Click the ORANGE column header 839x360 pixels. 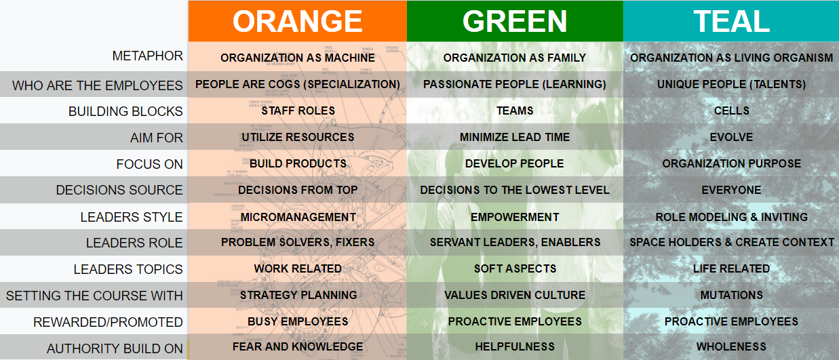coord(297,21)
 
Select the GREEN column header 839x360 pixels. coord(515,21)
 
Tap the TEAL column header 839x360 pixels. coord(731,21)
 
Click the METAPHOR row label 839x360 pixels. coord(148,56)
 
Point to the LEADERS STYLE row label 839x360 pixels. coord(132,217)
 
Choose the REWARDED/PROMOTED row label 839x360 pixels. coord(108,322)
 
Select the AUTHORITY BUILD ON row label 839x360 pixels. coord(115,348)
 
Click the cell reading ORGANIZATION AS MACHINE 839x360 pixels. coord(297,58)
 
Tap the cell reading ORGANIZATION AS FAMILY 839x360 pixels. coord(515,58)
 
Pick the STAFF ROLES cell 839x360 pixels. coord(298,111)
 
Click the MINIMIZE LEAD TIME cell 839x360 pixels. coord(515,137)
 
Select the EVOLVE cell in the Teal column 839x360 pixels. coord(731,137)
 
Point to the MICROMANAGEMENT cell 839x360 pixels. coord(298,217)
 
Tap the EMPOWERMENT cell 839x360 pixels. coord(515,217)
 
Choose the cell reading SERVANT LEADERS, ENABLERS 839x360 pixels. coord(515,243)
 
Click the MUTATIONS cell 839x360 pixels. coord(732,295)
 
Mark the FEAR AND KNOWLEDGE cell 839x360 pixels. coord(298,346)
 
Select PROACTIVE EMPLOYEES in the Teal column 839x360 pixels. coord(731,321)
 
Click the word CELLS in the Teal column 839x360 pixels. coord(732,111)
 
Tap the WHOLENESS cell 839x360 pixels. coord(731,346)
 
